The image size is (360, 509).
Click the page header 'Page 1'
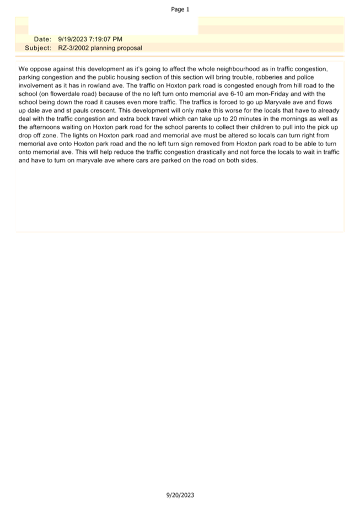(x=180, y=9)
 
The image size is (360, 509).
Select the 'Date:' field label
(x=42, y=40)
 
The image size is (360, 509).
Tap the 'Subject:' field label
(x=38, y=48)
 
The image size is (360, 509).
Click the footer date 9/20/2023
(x=180, y=495)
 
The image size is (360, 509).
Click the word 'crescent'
(x=100, y=111)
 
